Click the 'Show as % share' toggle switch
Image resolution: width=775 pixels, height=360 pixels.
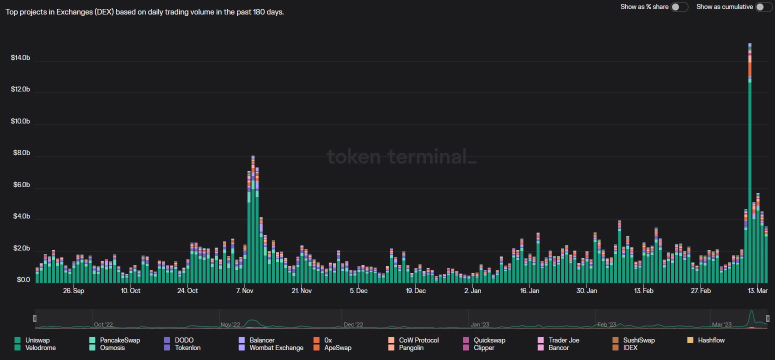[x=679, y=7]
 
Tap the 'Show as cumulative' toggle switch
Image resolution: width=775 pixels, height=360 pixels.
[x=763, y=7]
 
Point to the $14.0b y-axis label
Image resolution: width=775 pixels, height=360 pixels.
[x=20, y=58]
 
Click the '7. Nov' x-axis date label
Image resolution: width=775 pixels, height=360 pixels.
[x=244, y=290]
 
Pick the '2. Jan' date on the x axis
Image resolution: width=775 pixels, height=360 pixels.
[x=472, y=290]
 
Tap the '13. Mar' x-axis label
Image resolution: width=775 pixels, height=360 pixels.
[x=757, y=290]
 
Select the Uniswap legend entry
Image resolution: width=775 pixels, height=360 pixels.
[x=37, y=340]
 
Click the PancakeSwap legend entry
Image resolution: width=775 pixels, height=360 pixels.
[x=119, y=340]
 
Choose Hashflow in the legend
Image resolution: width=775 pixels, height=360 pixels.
[x=711, y=340]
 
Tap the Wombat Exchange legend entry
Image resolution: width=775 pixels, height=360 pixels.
[x=276, y=347]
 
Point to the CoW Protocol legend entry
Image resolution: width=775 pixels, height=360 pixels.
[x=418, y=340]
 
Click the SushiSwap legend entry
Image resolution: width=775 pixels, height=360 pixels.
[x=638, y=340]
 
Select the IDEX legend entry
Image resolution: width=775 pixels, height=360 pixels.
[x=630, y=347]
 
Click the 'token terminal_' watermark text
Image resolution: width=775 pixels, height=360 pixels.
[x=401, y=156]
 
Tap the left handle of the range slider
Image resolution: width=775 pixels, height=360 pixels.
[x=34, y=318]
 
